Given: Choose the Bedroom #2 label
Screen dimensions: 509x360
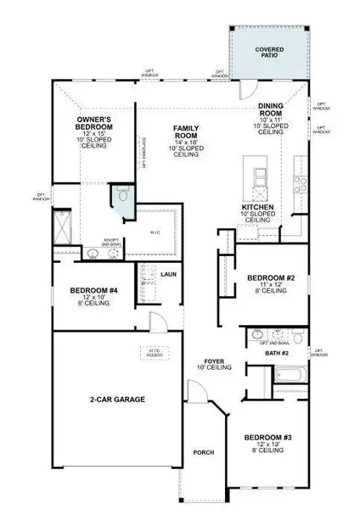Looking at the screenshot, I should (270, 278).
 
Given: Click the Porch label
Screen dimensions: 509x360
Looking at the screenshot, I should (203, 452).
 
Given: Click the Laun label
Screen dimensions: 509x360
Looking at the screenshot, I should (168, 275).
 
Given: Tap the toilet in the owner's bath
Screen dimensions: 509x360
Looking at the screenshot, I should (124, 195).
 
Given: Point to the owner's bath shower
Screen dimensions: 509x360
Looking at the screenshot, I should (64, 226).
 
